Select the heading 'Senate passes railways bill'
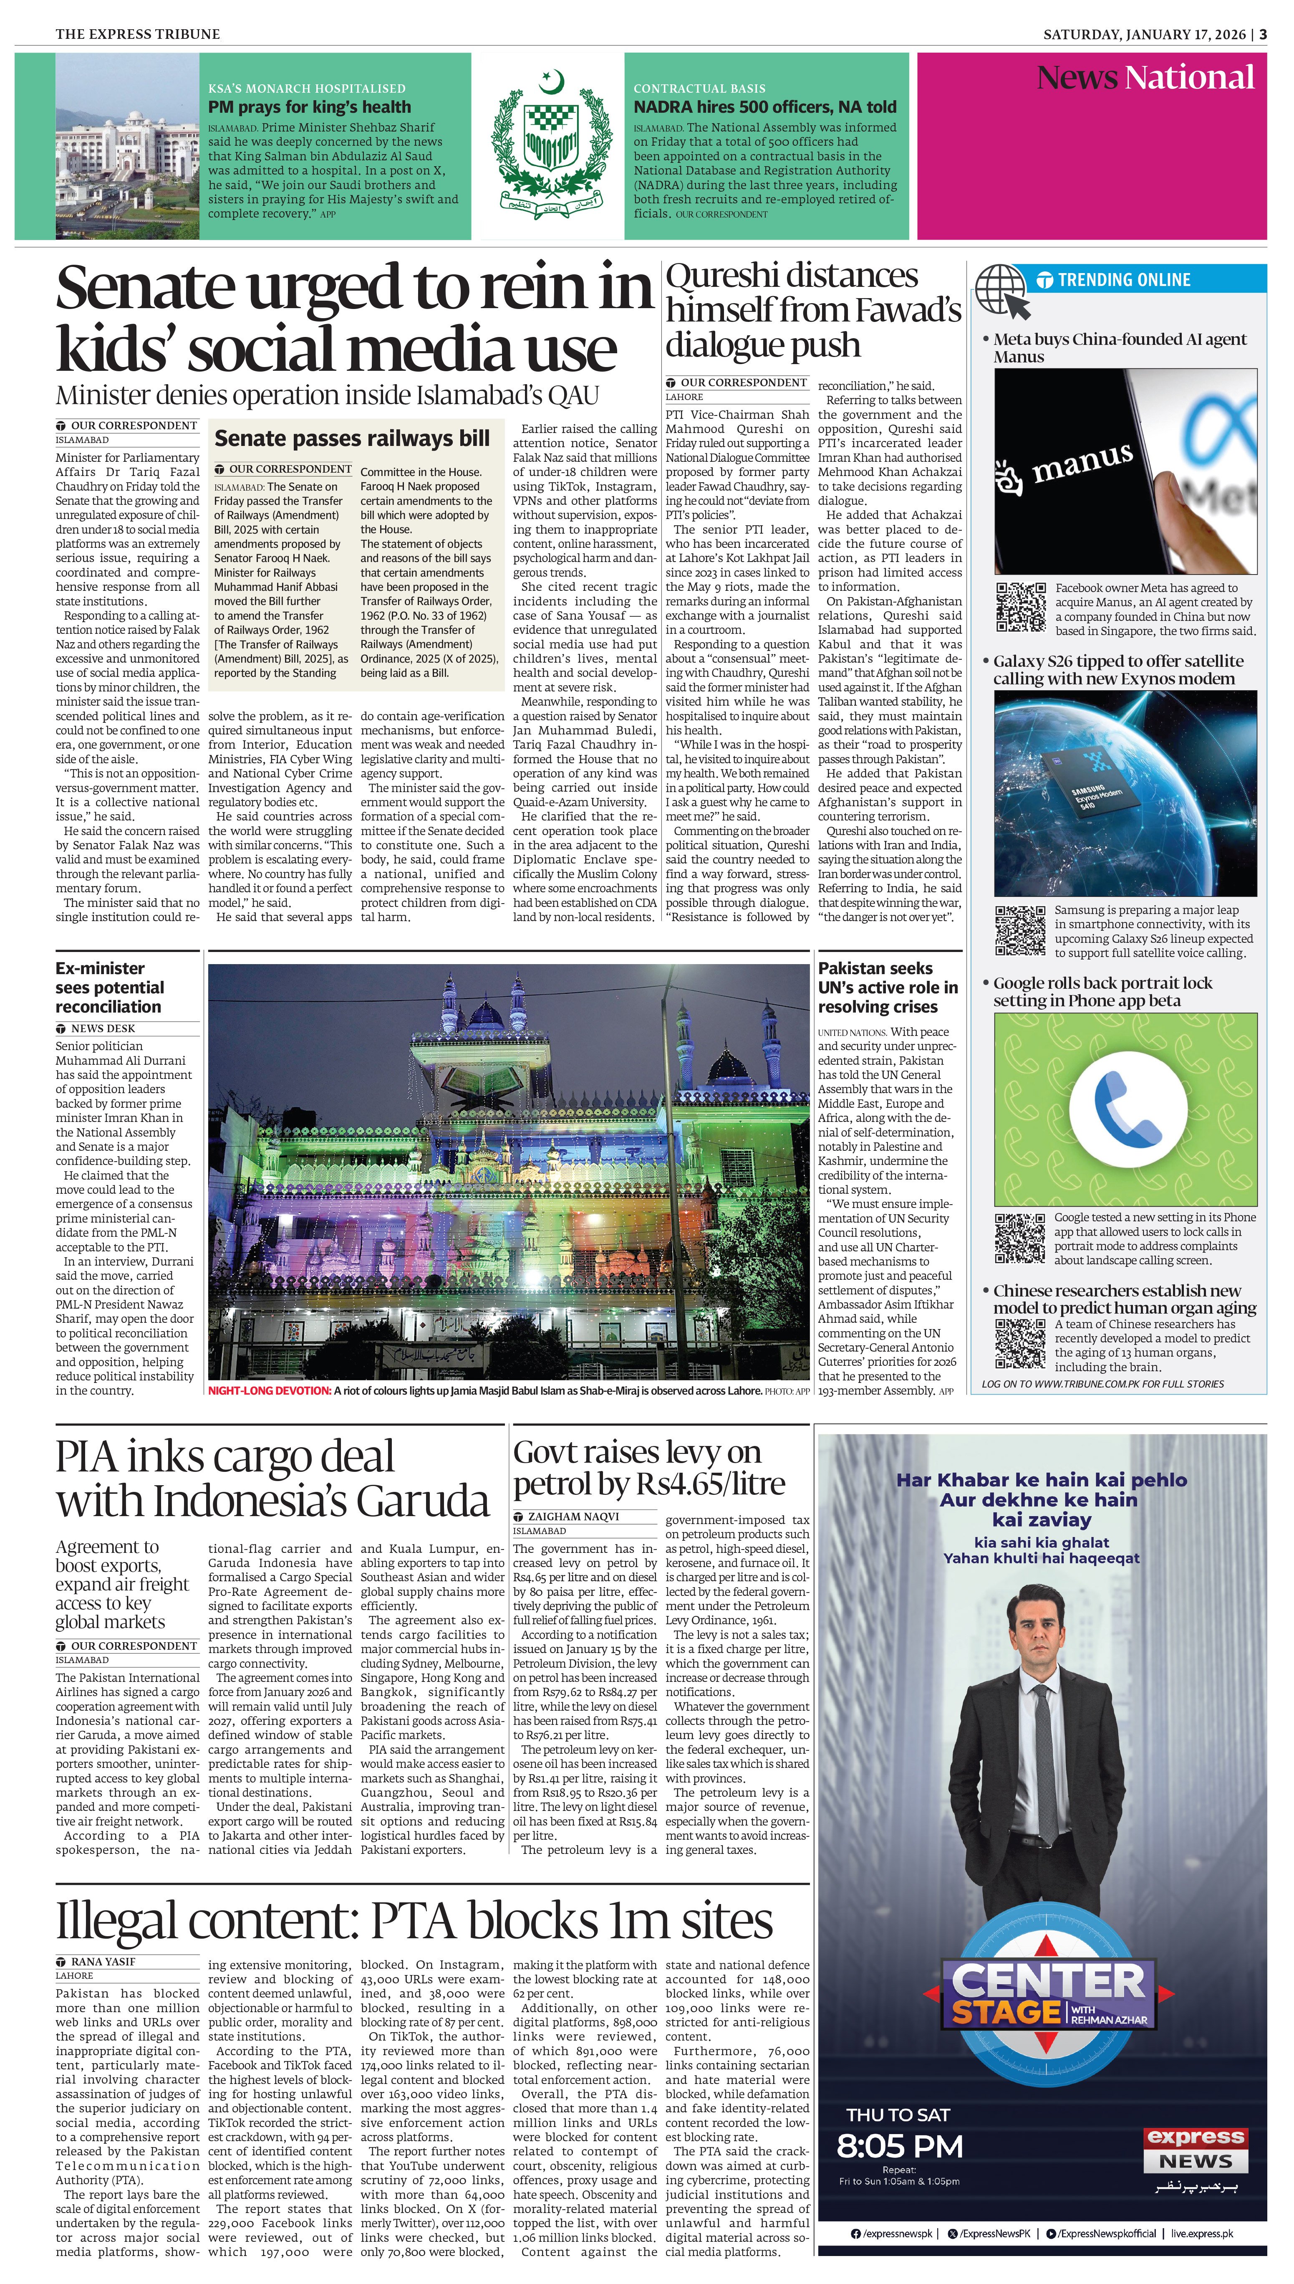(x=352, y=438)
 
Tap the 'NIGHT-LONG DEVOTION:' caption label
(x=268, y=1390)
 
